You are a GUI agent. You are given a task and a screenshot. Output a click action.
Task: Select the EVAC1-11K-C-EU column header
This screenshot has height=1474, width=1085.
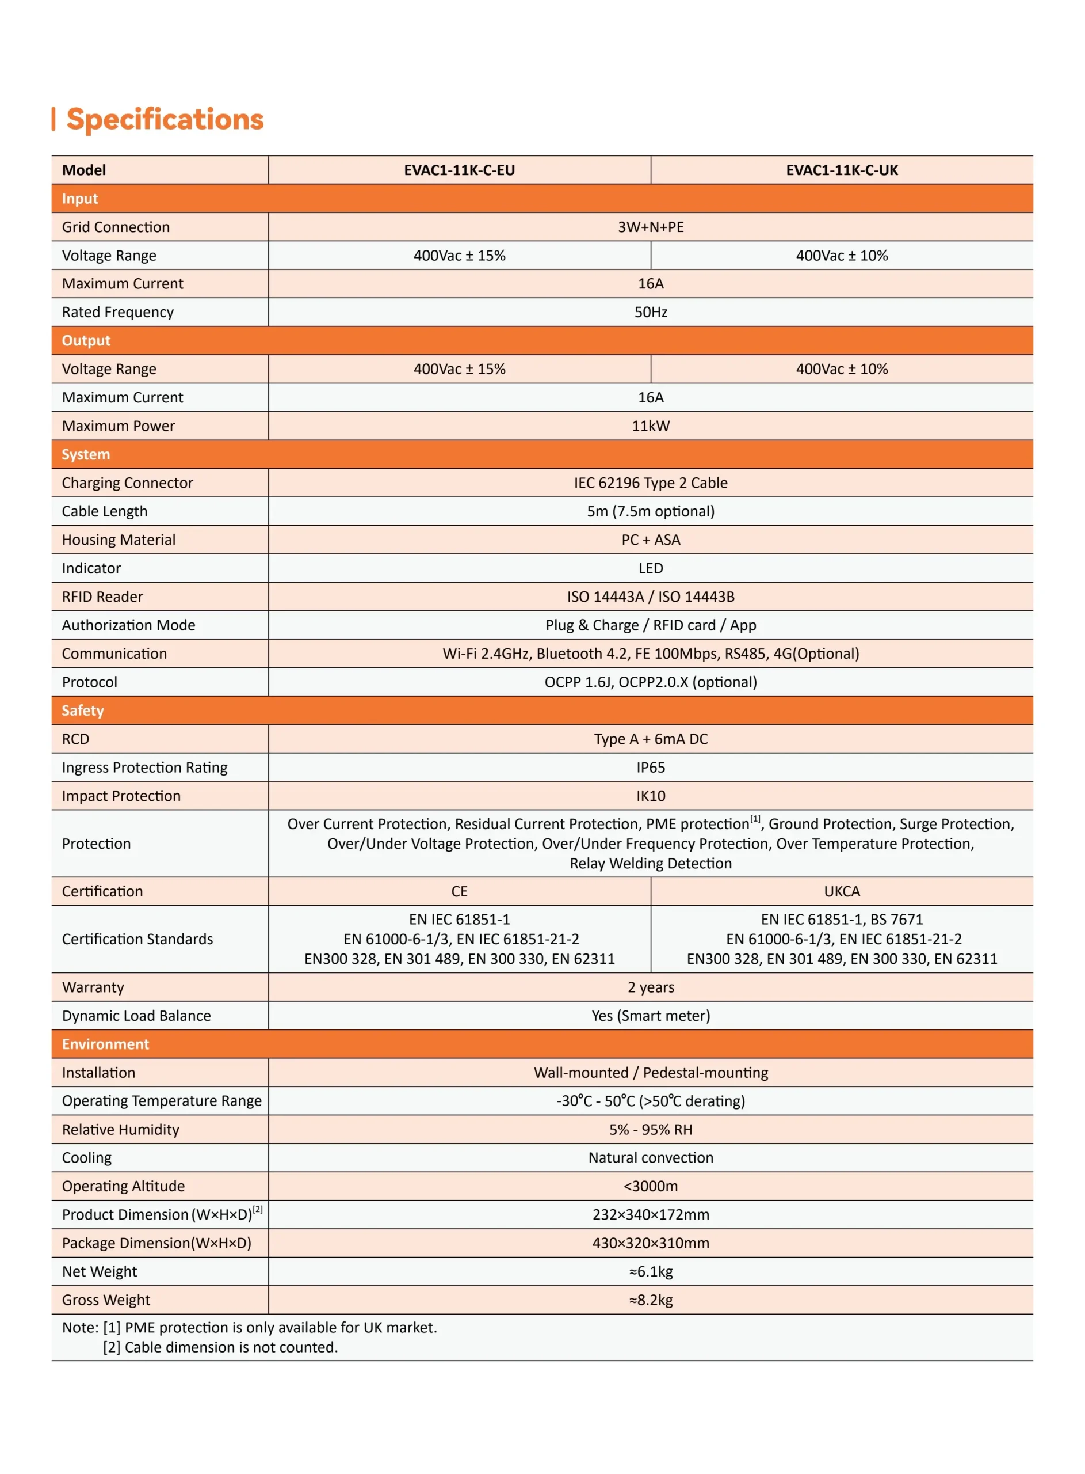pyautogui.click(x=459, y=170)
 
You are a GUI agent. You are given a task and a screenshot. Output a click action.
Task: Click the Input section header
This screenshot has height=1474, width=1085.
pyautogui.click(x=80, y=199)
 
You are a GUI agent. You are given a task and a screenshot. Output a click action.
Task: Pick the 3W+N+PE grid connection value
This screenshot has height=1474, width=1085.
pyautogui.click(x=650, y=227)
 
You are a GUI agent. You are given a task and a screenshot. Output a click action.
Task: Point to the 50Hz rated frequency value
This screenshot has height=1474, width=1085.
pyautogui.click(x=650, y=312)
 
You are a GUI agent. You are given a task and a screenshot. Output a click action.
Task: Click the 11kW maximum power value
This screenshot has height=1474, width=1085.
pyautogui.click(x=650, y=426)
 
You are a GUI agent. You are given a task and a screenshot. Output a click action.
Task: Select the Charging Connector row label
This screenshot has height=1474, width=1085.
pyautogui.click(x=127, y=483)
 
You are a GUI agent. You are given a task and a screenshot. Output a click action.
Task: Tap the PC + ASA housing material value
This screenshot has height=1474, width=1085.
pyautogui.click(x=650, y=540)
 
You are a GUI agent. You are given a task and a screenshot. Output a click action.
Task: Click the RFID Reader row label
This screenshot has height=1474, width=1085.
pyautogui.click(x=102, y=597)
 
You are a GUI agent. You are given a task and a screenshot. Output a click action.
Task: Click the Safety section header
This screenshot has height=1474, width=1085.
pyautogui.click(x=83, y=711)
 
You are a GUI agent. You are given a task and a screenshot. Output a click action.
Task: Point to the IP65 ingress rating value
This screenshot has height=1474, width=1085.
pyautogui.click(x=650, y=768)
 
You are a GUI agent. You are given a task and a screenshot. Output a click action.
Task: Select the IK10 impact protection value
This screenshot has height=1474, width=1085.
pyautogui.click(x=650, y=796)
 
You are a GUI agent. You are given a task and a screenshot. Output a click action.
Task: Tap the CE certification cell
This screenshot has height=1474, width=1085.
pyautogui.click(x=459, y=891)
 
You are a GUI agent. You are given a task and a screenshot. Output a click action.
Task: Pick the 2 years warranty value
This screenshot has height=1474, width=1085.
pyautogui.click(x=650, y=987)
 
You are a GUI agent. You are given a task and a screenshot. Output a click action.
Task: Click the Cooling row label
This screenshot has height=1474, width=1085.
pyautogui.click(x=87, y=1157)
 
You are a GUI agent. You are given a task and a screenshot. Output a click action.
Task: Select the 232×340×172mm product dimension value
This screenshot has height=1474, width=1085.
pyautogui.click(x=650, y=1214)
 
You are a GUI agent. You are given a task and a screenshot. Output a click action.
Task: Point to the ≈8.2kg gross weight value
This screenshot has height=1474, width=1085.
pyautogui.click(x=650, y=1300)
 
